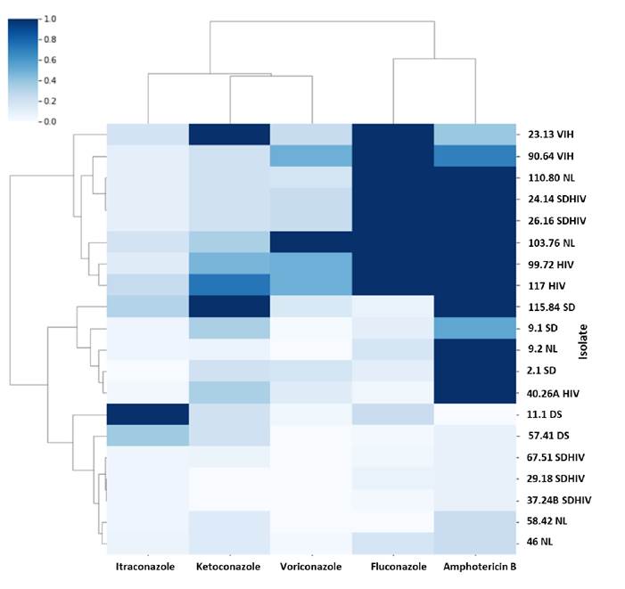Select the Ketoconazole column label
(x=229, y=567)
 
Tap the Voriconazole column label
(x=311, y=567)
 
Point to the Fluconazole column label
(x=394, y=567)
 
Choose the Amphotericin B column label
(x=476, y=567)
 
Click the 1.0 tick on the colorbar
(x=50, y=19)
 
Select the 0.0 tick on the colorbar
(x=50, y=120)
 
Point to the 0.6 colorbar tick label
(x=50, y=60)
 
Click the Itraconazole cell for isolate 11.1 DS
(x=147, y=414)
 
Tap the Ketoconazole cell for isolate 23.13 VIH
(x=229, y=133)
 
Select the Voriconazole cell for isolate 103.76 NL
(x=311, y=242)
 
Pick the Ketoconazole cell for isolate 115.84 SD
(x=229, y=307)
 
